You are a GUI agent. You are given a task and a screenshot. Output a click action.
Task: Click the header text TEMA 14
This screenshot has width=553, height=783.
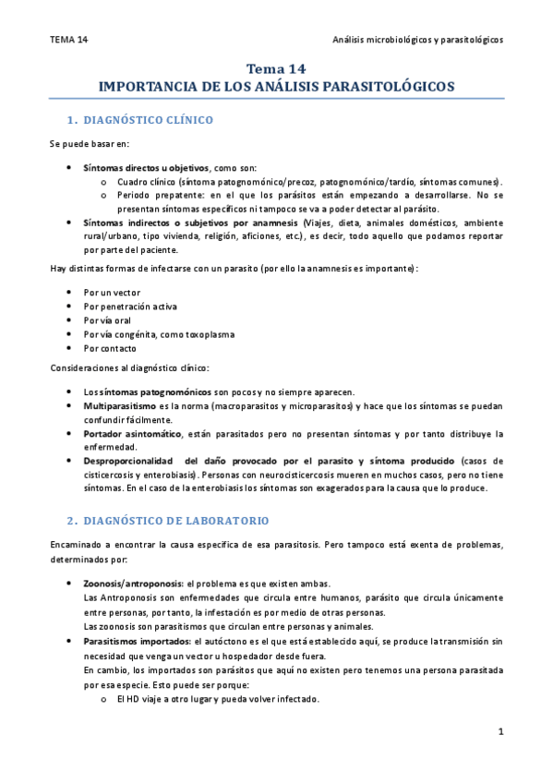tap(69, 40)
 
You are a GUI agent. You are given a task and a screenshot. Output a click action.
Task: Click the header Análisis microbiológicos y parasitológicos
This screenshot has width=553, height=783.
tap(417, 40)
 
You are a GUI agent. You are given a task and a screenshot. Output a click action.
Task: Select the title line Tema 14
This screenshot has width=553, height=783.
tap(276, 69)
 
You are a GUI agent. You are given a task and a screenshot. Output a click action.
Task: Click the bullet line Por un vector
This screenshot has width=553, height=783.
tap(112, 292)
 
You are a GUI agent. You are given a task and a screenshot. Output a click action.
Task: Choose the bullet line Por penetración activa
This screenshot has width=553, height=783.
tap(129, 306)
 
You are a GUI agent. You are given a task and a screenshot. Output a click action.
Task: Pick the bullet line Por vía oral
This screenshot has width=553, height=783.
tap(110, 320)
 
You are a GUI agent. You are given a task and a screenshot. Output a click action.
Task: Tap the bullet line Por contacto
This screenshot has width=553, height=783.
tap(110, 348)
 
